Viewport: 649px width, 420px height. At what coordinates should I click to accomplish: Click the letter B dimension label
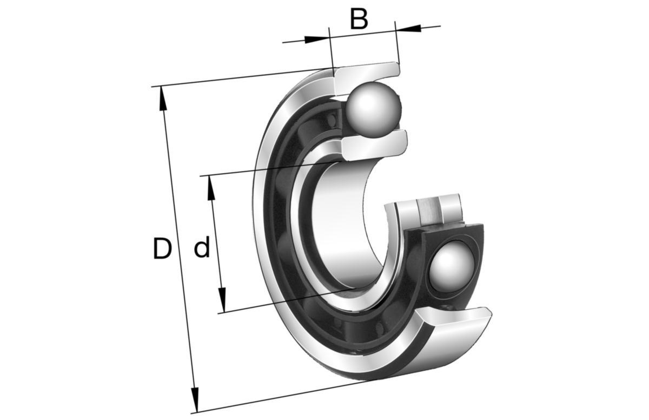359,19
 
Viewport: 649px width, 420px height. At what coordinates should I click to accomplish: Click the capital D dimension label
162,248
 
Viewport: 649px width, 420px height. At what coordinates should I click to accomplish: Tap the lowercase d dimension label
202,247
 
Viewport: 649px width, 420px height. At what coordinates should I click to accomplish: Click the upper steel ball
374,109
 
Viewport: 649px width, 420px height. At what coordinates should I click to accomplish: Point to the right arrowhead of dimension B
408,28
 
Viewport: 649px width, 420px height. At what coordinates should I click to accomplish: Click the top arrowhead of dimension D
163,99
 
